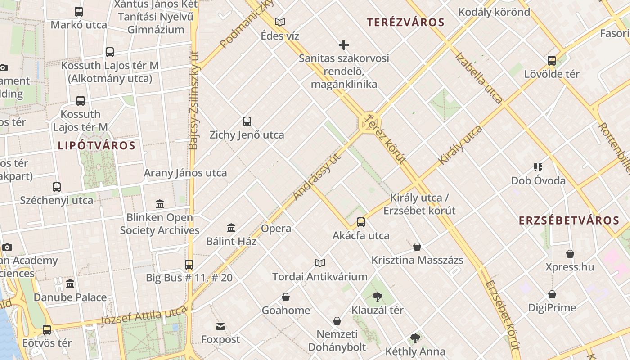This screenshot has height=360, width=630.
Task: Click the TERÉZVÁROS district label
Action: [405, 22]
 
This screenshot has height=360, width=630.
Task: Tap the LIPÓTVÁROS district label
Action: [96, 145]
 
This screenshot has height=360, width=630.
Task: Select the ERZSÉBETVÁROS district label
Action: [569, 220]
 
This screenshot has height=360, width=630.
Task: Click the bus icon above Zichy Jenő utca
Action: [247, 121]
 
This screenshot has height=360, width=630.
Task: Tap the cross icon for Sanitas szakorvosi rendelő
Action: [344, 45]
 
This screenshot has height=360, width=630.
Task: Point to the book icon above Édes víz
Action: [280, 22]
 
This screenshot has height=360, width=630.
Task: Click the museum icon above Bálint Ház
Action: [231, 228]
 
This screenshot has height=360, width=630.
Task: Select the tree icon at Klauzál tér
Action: [377, 297]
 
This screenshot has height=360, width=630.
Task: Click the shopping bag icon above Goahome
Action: [286, 297]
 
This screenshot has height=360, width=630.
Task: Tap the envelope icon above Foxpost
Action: [220, 326]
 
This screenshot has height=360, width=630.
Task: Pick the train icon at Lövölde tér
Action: [552, 60]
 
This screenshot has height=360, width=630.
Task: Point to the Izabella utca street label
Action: [479, 78]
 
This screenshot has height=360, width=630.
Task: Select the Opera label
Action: [276, 229]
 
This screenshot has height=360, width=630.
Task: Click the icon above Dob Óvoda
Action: [538, 167]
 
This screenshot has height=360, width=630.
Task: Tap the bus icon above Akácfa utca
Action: [361, 222]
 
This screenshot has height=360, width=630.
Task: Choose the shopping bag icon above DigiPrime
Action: [552, 294]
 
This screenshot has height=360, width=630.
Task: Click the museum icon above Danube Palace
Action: [70, 284]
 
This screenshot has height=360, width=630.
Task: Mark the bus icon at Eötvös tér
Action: [47, 329]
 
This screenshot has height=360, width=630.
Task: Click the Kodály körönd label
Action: [494, 12]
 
